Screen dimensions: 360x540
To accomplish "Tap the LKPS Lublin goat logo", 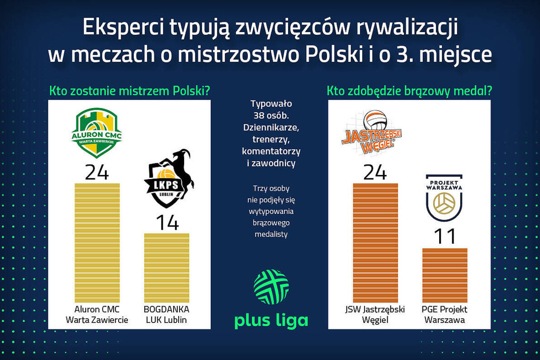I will point(168,179).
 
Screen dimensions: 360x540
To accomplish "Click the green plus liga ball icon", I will point(271,287).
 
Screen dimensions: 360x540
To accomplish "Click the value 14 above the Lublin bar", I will point(167,223).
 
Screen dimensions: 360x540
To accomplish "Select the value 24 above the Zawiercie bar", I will point(97,173).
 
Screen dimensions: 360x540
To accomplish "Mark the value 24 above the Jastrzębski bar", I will point(375,173).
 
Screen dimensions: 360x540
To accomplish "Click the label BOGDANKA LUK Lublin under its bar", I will point(166,315).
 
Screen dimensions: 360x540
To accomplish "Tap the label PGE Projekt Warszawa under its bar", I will point(445,315).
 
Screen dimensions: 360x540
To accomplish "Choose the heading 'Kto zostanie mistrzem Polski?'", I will point(129,91).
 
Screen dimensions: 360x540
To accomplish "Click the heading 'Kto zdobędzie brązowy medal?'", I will point(409,91).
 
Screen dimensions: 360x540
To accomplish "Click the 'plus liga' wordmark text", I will point(271,320).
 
